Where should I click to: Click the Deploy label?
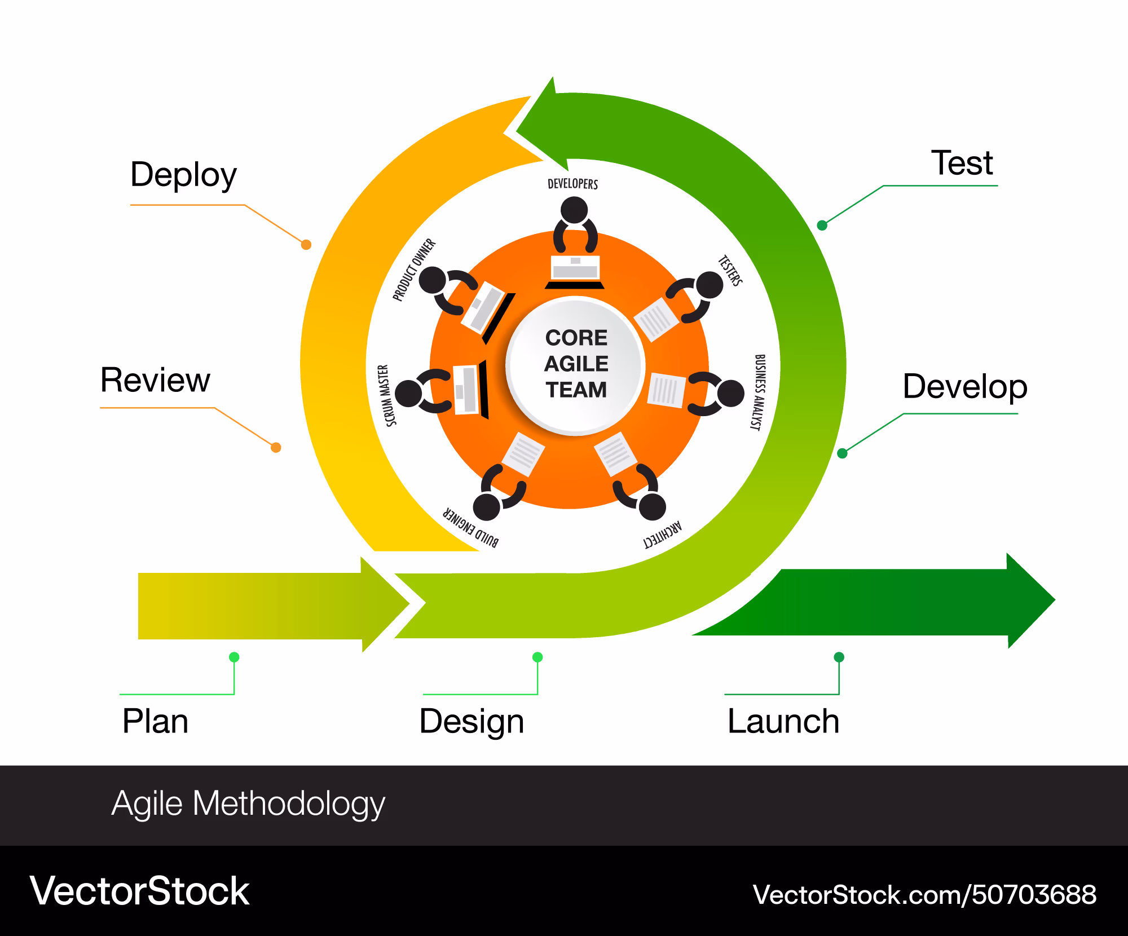click(x=183, y=175)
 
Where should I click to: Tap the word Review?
click(x=155, y=380)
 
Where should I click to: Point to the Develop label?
click(x=965, y=387)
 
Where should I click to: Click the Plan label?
click(x=155, y=721)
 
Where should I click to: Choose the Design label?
click(x=472, y=722)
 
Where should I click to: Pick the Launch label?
click(x=783, y=721)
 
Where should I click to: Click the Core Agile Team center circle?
click(x=575, y=365)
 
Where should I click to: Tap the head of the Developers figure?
click(x=574, y=210)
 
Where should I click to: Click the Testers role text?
click(x=730, y=271)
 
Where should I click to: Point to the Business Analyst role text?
click(x=759, y=392)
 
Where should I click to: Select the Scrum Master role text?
click(x=387, y=395)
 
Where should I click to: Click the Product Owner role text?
click(x=415, y=270)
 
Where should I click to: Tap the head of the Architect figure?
click(x=653, y=506)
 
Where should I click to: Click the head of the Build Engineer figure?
click(x=487, y=506)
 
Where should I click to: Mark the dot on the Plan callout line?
click(x=234, y=657)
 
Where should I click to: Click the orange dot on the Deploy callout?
click(x=306, y=245)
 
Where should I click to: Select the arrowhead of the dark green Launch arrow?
click(x=1031, y=601)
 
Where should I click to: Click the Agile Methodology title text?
click(x=248, y=804)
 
